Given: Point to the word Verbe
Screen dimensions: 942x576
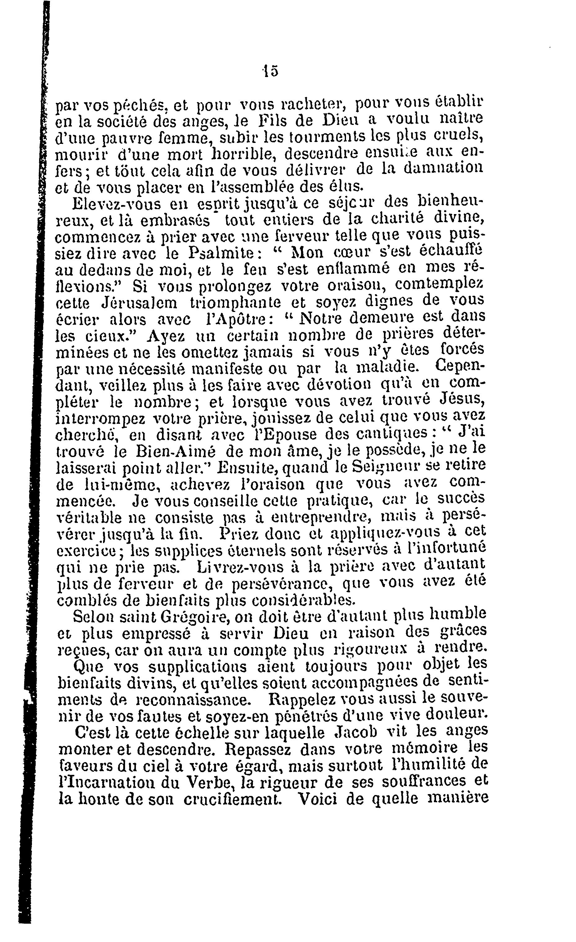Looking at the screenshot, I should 200,783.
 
